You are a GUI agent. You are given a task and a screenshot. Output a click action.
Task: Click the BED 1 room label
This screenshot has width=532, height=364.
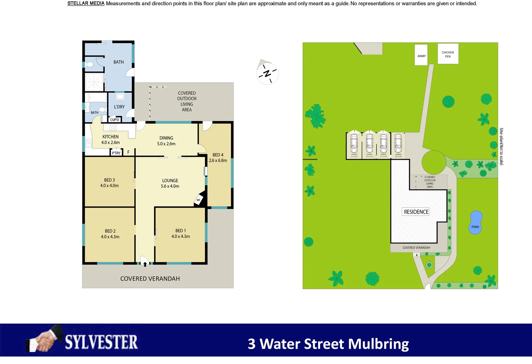[x=180, y=231]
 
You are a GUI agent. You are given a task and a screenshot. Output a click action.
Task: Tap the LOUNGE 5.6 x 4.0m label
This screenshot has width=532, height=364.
[x=170, y=183]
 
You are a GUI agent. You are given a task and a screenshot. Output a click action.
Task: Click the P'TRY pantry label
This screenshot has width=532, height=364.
[x=116, y=153]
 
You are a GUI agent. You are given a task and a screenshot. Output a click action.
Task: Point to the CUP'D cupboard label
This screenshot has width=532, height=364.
[x=114, y=120]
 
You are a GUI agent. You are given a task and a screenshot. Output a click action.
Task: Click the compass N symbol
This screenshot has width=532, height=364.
[x=267, y=73]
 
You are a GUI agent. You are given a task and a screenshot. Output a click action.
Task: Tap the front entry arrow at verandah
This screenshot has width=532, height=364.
[x=145, y=264]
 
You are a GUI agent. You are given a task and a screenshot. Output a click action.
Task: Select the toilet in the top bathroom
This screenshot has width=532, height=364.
[x=90, y=65]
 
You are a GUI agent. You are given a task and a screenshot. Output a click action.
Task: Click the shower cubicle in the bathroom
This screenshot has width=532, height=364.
[x=94, y=82]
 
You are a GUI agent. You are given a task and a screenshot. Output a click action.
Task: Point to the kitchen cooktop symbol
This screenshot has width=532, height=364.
[x=113, y=127]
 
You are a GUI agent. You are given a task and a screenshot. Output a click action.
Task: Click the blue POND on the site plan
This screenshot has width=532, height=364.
[x=475, y=222]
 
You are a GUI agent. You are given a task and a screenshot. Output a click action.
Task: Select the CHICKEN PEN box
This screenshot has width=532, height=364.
[x=448, y=54]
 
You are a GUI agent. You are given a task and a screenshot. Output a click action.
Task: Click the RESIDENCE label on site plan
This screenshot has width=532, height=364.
[x=416, y=212]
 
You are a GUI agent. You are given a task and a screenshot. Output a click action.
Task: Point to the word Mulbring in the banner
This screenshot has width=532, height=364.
[x=378, y=344]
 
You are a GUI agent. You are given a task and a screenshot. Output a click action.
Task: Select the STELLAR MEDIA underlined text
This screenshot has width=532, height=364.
[x=86, y=3]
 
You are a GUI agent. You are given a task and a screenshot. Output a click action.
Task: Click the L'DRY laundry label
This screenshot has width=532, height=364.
[x=119, y=107]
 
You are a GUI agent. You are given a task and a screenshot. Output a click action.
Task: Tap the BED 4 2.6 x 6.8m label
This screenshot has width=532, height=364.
[x=218, y=158]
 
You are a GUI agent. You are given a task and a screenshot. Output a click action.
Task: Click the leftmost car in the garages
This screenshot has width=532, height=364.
[x=354, y=144]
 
